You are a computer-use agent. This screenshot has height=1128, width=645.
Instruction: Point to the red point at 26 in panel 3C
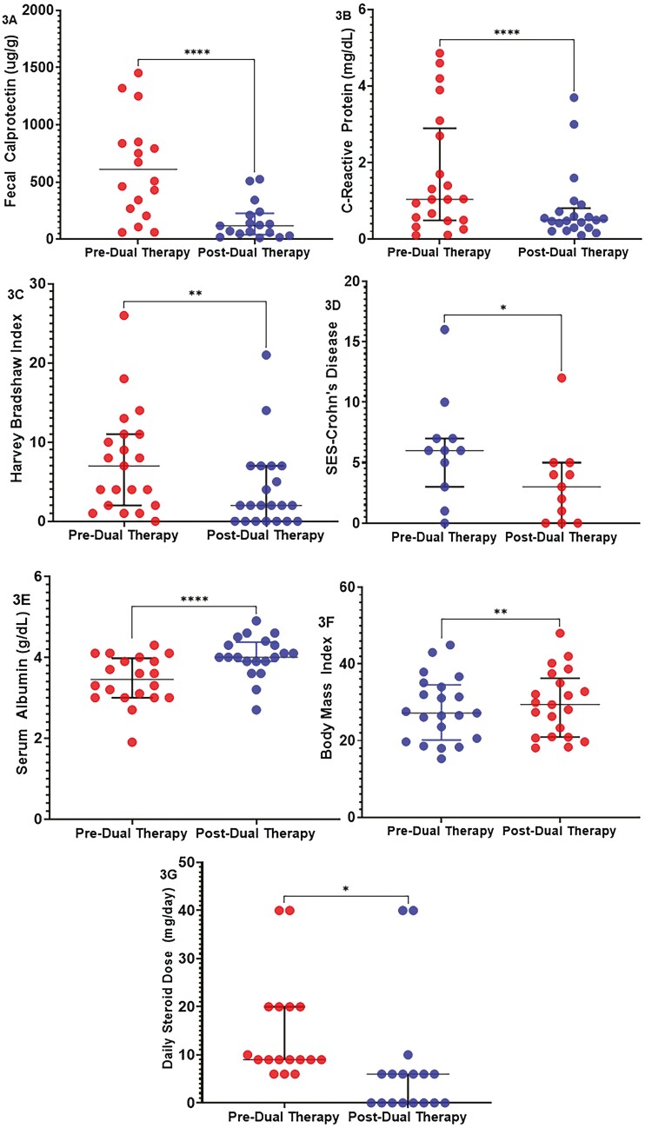click(x=123, y=315)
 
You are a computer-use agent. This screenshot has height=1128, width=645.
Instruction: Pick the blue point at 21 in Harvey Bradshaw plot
click(x=266, y=355)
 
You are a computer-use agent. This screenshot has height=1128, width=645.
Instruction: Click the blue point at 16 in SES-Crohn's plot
click(x=443, y=329)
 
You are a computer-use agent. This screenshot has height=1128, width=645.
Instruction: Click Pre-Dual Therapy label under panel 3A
click(x=131, y=253)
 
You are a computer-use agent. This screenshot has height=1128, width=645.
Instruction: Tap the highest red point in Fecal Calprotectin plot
click(x=138, y=72)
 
